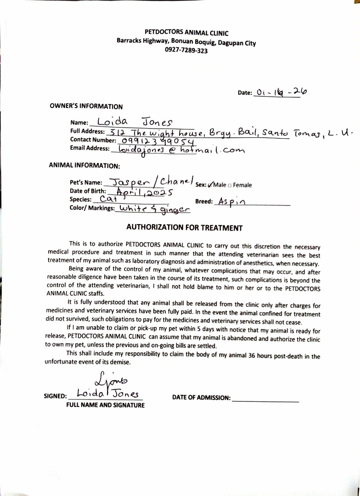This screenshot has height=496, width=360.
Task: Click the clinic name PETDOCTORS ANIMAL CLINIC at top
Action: tap(186, 33)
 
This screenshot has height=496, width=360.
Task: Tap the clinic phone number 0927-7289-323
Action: tap(186, 51)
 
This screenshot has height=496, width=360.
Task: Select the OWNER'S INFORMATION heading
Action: tap(86, 107)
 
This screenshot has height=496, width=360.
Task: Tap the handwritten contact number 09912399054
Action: tap(156, 141)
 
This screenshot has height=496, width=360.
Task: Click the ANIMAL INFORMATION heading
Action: tap(84, 165)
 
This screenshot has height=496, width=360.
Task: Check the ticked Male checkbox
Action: tap(211, 185)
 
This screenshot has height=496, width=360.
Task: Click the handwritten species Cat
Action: tap(108, 199)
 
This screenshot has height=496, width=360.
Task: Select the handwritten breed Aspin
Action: tap(232, 202)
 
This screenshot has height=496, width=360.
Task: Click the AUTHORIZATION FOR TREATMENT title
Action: tap(184, 228)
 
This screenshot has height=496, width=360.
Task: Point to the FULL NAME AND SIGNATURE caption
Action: tap(105, 405)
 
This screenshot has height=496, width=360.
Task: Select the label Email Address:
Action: tap(90, 148)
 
